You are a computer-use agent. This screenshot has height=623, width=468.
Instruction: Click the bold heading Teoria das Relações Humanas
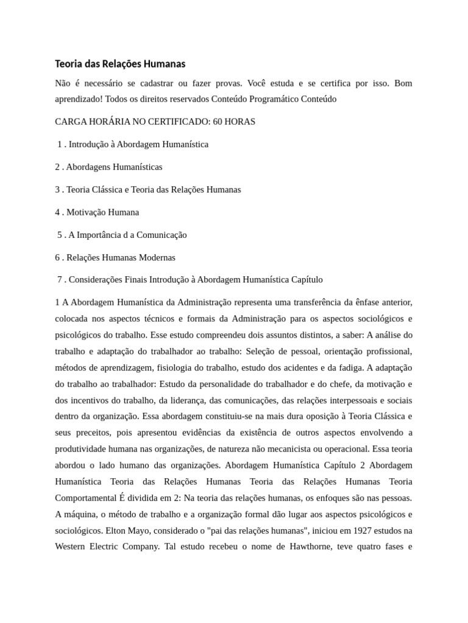120,64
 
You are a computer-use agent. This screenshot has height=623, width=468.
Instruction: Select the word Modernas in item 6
157,257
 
